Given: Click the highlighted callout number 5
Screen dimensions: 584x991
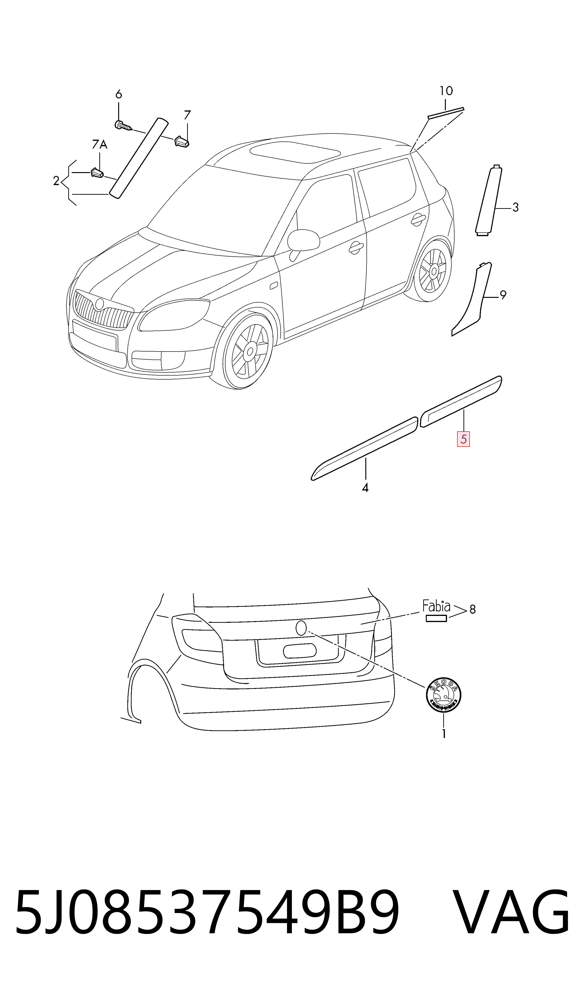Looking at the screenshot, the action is click(x=463, y=439).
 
